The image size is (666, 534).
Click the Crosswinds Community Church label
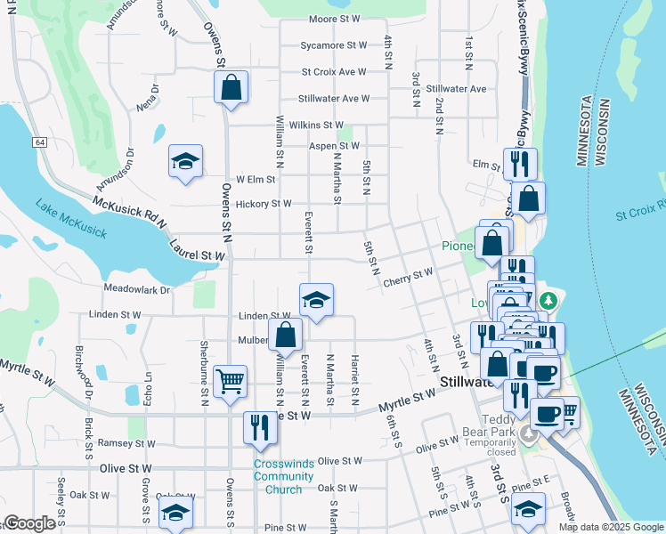[x=283, y=476]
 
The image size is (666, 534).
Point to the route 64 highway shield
[x=40, y=142]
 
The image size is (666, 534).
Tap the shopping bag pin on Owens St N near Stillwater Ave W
[x=231, y=88]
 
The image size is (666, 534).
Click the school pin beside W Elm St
[x=185, y=162]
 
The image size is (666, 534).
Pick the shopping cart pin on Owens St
[x=231, y=381]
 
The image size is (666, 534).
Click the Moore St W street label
[x=335, y=19]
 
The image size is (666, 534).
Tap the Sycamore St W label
[x=334, y=44]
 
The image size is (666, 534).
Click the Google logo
[x=28, y=523]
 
